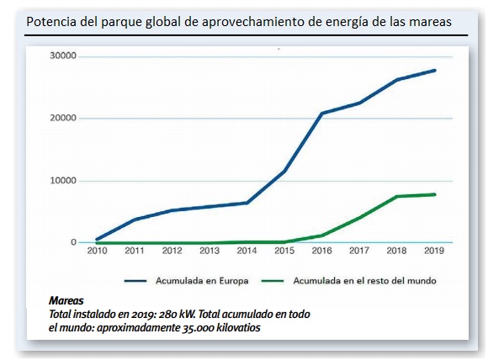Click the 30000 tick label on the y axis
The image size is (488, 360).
[x=63, y=56]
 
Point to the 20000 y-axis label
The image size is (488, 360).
[x=63, y=118]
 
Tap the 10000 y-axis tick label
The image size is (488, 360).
[x=63, y=181]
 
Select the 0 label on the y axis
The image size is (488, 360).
[x=73, y=242]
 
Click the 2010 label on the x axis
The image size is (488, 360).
[x=97, y=251]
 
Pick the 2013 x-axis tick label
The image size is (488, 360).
[x=210, y=251]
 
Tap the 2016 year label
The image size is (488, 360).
[x=321, y=251]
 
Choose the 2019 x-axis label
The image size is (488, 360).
[x=434, y=251]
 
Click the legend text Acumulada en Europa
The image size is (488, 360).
[x=202, y=281]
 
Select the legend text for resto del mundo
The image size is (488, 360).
[x=365, y=281]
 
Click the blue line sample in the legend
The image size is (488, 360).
[x=135, y=281]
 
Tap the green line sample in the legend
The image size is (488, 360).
[x=273, y=281]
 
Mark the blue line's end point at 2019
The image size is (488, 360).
[x=434, y=71]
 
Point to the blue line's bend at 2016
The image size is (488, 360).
[x=322, y=113]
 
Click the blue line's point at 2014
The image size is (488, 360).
[x=247, y=203]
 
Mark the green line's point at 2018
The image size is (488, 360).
[x=397, y=196]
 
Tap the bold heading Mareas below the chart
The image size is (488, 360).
[x=66, y=300]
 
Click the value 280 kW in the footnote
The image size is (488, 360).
[x=177, y=315]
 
